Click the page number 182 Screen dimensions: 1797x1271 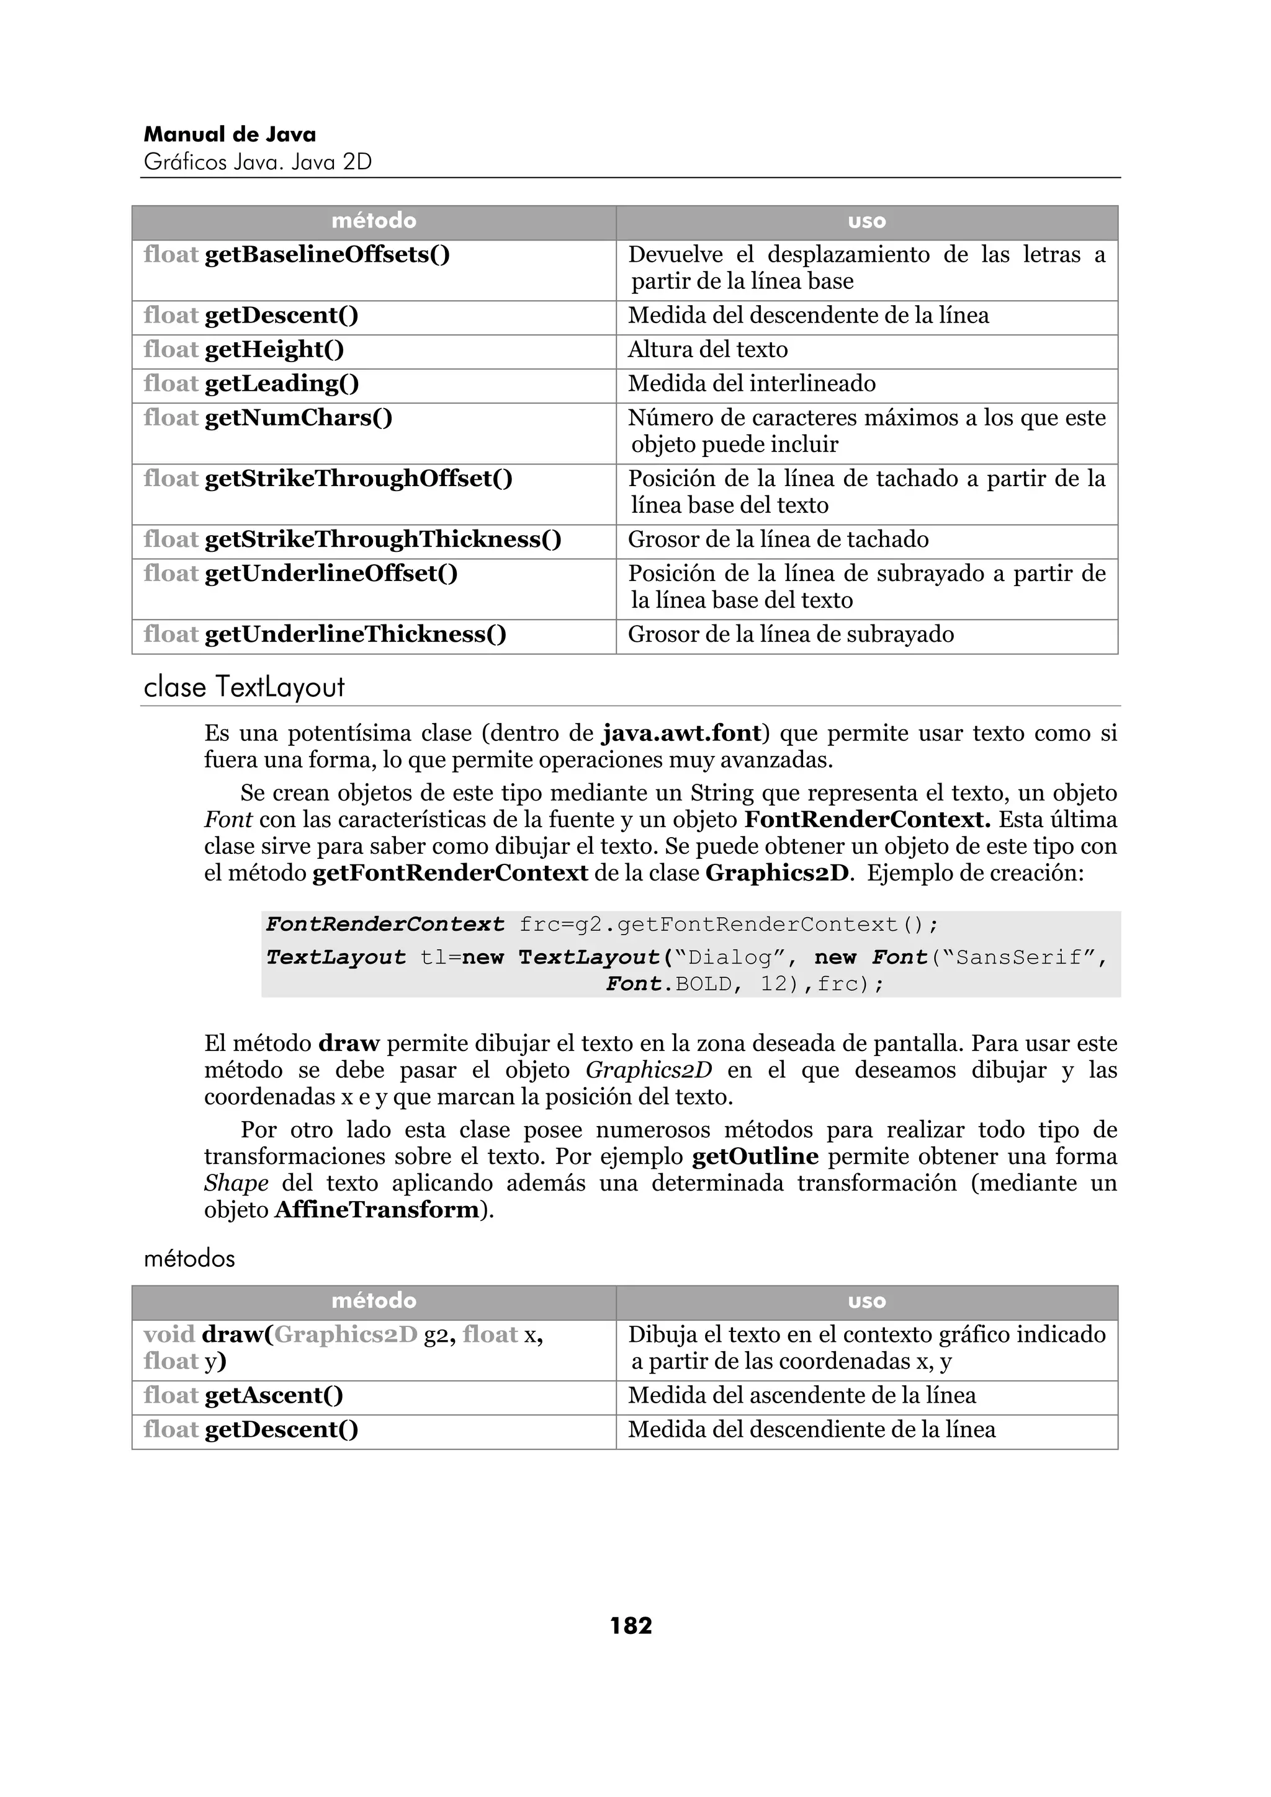[x=631, y=1626]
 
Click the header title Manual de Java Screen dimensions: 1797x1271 [x=230, y=135]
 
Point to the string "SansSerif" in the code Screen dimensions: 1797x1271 [x=1018, y=957]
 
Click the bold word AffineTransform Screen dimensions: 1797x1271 [x=376, y=1209]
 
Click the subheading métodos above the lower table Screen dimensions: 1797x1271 [x=189, y=1259]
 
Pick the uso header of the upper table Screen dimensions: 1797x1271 [x=866, y=221]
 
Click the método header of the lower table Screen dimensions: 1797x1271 [x=374, y=1301]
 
